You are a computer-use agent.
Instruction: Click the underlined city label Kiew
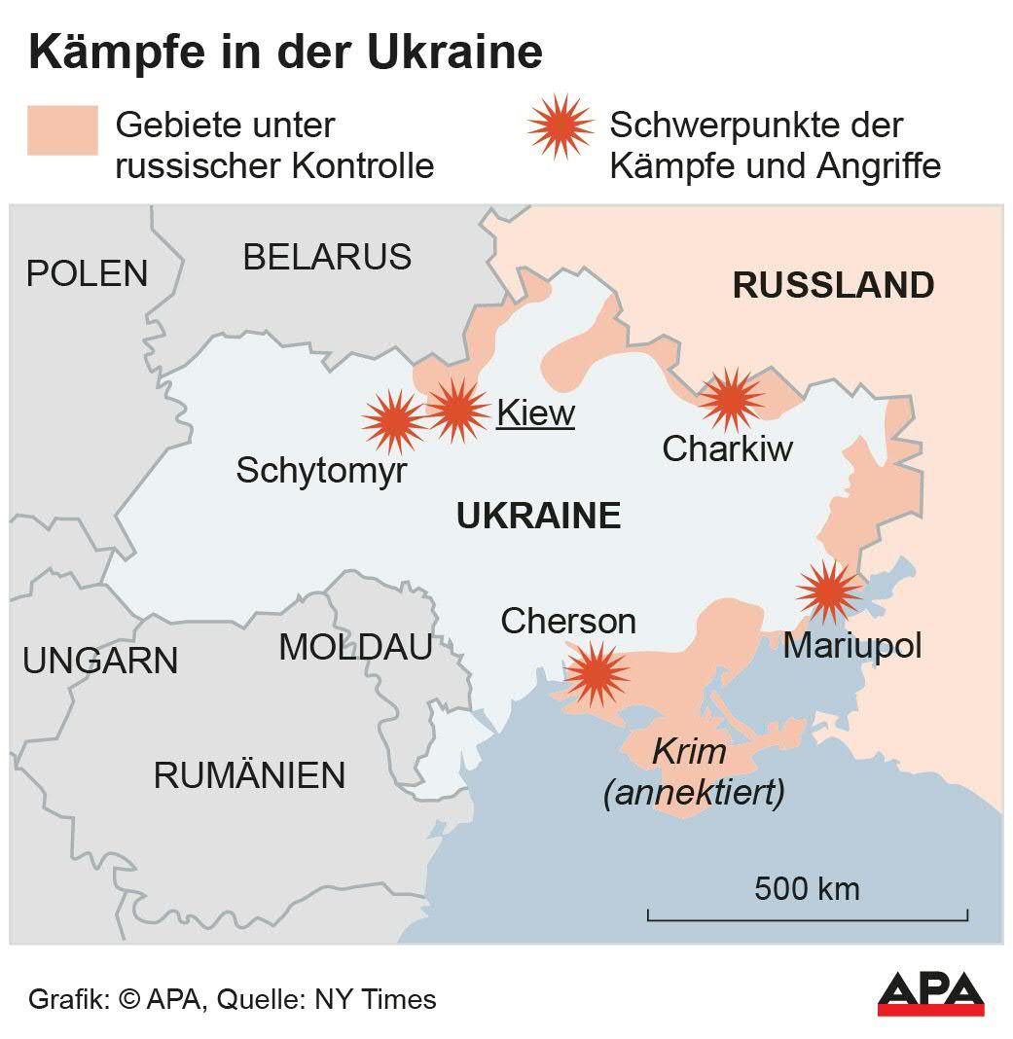pyautogui.click(x=535, y=413)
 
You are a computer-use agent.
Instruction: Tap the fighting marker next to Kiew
pyautogui.click(x=457, y=410)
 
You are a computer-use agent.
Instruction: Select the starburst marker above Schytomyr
pyautogui.click(x=394, y=421)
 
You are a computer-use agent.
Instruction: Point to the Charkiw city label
pyautogui.click(x=727, y=448)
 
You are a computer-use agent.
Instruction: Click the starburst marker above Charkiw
pyautogui.click(x=731, y=399)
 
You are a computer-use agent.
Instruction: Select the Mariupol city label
pyautogui.click(x=851, y=646)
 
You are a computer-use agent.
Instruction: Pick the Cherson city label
pyautogui.click(x=567, y=621)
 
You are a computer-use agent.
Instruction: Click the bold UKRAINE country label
pyautogui.click(x=538, y=516)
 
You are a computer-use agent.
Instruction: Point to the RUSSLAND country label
pyautogui.click(x=833, y=286)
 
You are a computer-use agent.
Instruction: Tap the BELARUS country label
pyautogui.click(x=327, y=257)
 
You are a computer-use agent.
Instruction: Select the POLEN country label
pyautogui.click(x=87, y=273)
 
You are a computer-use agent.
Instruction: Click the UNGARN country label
pyautogui.click(x=100, y=662)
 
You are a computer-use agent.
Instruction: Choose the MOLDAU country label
pyautogui.click(x=355, y=647)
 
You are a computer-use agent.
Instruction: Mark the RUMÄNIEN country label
pyautogui.click(x=249, y=775)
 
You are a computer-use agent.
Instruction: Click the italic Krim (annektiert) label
pyautogui.click(x=693, y=772)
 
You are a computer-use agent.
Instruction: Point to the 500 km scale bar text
pyautogui.click(x=807, y=888)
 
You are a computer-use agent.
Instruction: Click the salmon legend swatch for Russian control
pyautogui.click(x=62, y=130)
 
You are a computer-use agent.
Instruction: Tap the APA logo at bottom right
pyautogui.click(x=930, y=993)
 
